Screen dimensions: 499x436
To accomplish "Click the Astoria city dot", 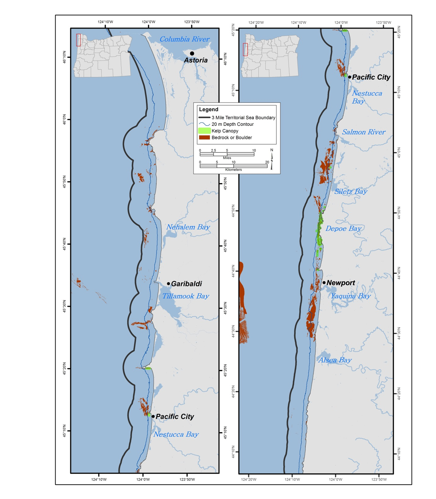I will [x=192, y=53].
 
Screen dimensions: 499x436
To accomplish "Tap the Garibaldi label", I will [x=186, y=284].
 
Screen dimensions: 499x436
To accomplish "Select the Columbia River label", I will [x=184, y=39].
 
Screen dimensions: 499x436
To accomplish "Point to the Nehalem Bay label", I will [x=188, y=227].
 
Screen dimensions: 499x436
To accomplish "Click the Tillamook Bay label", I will [x=185, y=296].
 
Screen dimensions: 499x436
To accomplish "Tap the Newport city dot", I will [x=324, y=283].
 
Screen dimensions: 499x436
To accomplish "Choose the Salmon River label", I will [x=363, y=132].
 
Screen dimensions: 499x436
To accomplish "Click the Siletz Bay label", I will [x=351, y=191].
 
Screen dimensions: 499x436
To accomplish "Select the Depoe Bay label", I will [x=343, y=229].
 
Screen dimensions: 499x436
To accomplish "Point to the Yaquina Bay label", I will [x=351, y=296].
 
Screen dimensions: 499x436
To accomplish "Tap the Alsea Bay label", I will [x=335, y=360].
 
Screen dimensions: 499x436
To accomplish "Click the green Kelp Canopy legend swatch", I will [x=204, y=131].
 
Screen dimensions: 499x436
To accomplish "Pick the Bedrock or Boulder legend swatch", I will [x=204, y=137].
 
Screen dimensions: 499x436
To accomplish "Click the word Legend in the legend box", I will [x=209, y=109].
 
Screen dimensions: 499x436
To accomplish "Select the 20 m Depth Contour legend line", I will [x=204, y=124].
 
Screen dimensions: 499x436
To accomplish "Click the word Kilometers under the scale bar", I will [x=233, y=169].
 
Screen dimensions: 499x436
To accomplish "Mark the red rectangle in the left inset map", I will [x=78, y=40].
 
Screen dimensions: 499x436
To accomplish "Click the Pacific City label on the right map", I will [x=371, y=77].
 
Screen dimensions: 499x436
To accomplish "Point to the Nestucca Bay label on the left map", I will [x=176, y=434].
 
